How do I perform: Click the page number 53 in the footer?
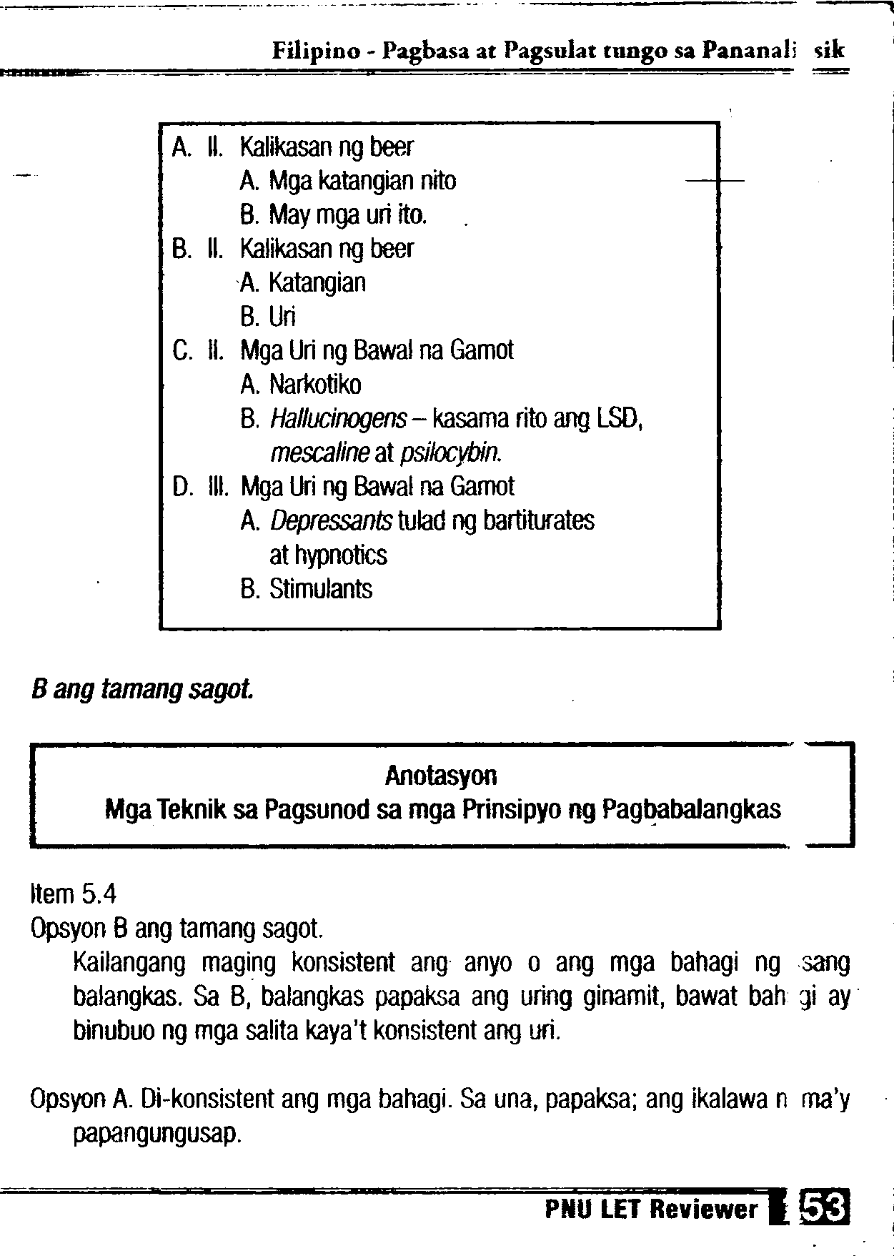pos(825,1209)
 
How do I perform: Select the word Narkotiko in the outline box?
pos(315,385)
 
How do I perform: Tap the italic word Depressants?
pos(331,521)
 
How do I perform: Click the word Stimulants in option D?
pos(321,590)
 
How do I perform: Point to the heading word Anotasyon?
pos(441,776)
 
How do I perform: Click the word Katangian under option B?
pos(317,283)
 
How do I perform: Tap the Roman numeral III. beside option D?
pos(217,488)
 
